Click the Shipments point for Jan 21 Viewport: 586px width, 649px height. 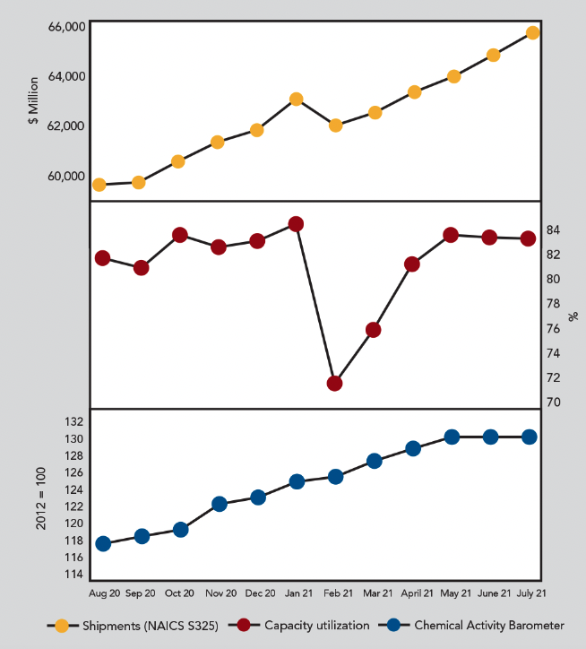tap(296, 99)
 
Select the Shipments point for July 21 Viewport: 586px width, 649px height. tap(532, 33)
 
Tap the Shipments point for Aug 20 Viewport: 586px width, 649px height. tap(99, 185)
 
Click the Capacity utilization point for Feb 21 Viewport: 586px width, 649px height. tap(335, 384)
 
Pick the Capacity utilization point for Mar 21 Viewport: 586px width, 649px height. tap(374, 330)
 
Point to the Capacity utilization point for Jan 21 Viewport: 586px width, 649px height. tap(296, 224)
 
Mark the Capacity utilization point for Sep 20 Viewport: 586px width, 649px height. tap(141, 268)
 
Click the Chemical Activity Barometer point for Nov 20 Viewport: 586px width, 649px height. tap(219, 504)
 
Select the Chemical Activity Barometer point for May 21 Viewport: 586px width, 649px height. tap(452, 437)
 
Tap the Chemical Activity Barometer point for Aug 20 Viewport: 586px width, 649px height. tap(103, 544)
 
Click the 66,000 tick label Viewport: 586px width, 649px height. tap(66, 27)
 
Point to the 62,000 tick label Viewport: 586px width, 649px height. tap(66, 125)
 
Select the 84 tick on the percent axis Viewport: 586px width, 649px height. tap(554, 229)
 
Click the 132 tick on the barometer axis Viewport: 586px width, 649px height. tap(73, 421)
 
